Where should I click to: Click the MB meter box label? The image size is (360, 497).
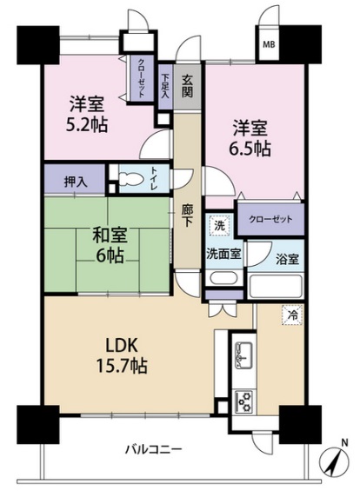point(269,44)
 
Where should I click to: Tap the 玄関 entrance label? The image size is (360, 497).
point(187,87)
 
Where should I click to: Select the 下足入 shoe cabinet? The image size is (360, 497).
point(165,87)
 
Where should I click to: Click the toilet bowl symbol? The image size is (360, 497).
point(131,178)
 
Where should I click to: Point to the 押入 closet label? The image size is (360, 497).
point(76,182)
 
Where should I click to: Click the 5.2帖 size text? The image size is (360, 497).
point(87,124)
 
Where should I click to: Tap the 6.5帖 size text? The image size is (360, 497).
point(250,149)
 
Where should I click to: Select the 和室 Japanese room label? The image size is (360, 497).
point(110,235)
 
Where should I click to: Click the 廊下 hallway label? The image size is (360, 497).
point(187,215)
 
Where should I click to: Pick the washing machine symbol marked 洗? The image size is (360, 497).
point(220,226)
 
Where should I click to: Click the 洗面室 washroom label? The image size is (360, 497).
point(223,254)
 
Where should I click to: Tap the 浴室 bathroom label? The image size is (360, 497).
point(287,259)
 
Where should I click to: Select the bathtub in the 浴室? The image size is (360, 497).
point(275,287)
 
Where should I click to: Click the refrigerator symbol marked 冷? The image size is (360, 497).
point(292,315)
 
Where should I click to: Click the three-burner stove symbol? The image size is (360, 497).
point(244,401)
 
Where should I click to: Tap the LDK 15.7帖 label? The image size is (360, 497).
point(122,355)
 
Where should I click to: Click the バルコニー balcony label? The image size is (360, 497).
point(154,449)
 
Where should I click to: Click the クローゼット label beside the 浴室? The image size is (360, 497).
point(270,219)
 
